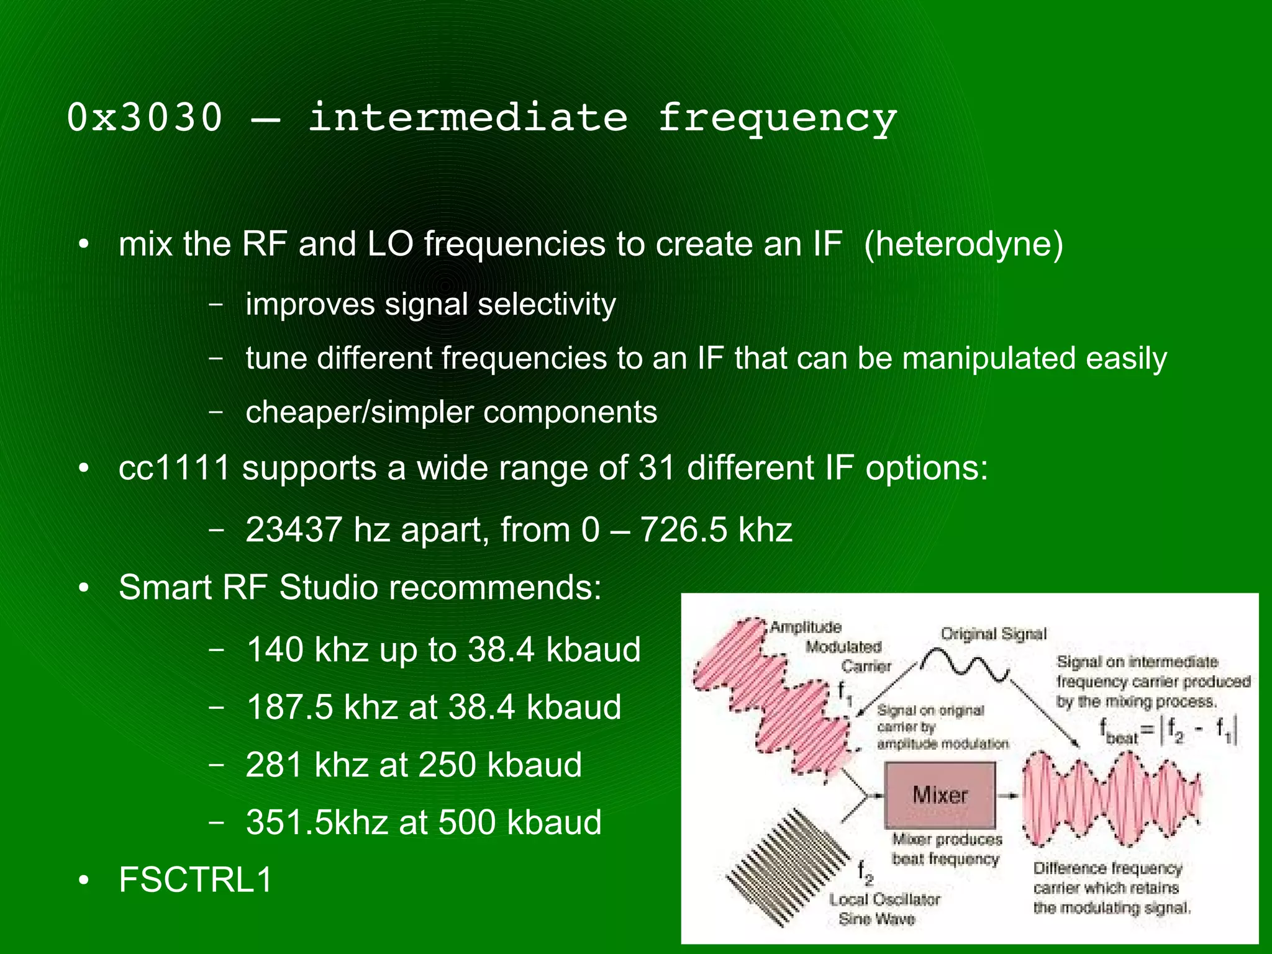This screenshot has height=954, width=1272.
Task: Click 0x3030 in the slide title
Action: coord(144,117)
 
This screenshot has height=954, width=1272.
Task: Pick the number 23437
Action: coord(293,530)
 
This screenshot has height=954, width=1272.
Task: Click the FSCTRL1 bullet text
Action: coord(196,880)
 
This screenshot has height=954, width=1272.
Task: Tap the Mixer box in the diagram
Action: coord(939,795)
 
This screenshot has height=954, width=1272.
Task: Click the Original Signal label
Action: coord(993,634)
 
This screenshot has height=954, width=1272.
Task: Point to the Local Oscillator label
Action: coord(884,899)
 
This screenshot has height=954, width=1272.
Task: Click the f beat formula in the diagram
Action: coord(1168,731)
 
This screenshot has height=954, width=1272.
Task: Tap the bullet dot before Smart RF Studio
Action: coord(84,588)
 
